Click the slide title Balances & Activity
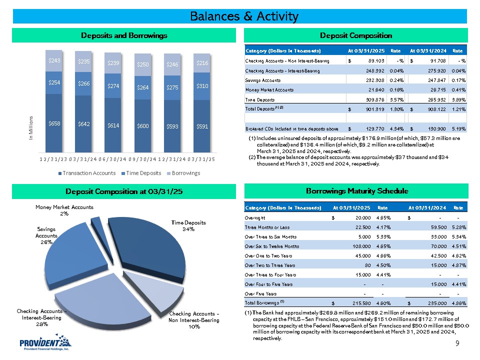[244, 16]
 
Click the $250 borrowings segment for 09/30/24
[143, 64]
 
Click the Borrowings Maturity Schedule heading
[355, 191]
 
